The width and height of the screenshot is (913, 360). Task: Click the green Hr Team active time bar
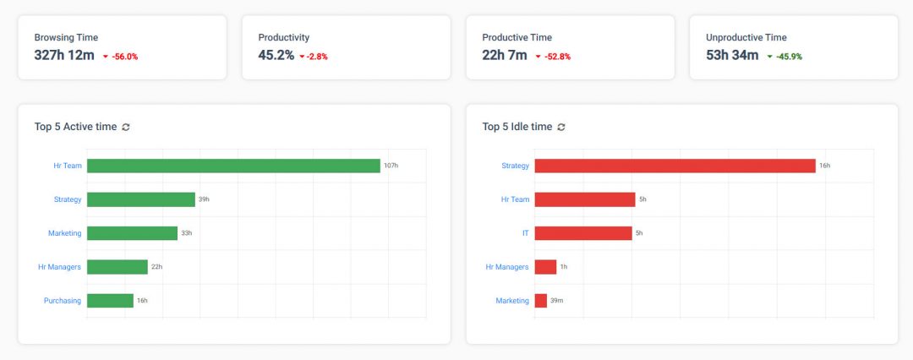click(233, 166)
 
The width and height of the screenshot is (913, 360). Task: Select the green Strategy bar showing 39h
click(140, 199)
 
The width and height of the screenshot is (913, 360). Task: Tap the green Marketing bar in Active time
click(132, 233)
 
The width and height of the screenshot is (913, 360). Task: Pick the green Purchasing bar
click(110, 301)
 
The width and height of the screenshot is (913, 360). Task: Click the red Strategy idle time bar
click(675, 166)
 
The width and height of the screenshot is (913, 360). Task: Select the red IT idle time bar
click(583, 233)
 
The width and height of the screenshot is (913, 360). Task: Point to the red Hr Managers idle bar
click(545, 267)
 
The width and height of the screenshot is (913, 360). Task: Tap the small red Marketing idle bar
click(541, 301)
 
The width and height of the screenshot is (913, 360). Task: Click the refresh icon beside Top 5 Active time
click(126, 127)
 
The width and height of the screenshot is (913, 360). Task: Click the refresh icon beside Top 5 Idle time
click(561, 127)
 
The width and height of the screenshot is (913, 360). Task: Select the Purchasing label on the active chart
click(63, 301)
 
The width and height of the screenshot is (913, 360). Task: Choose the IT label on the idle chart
click(524, 233)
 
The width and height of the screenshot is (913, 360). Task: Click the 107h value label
click(391, 166)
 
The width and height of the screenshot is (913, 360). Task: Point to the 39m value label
click(556, 301)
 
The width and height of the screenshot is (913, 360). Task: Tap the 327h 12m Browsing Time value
click(64, 56)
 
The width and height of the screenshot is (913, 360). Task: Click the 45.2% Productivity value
click(276, 56)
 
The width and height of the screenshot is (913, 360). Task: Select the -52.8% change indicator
click(554, 57)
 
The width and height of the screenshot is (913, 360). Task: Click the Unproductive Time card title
click(746, 37)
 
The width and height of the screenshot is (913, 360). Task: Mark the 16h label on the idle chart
click(824, 166)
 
